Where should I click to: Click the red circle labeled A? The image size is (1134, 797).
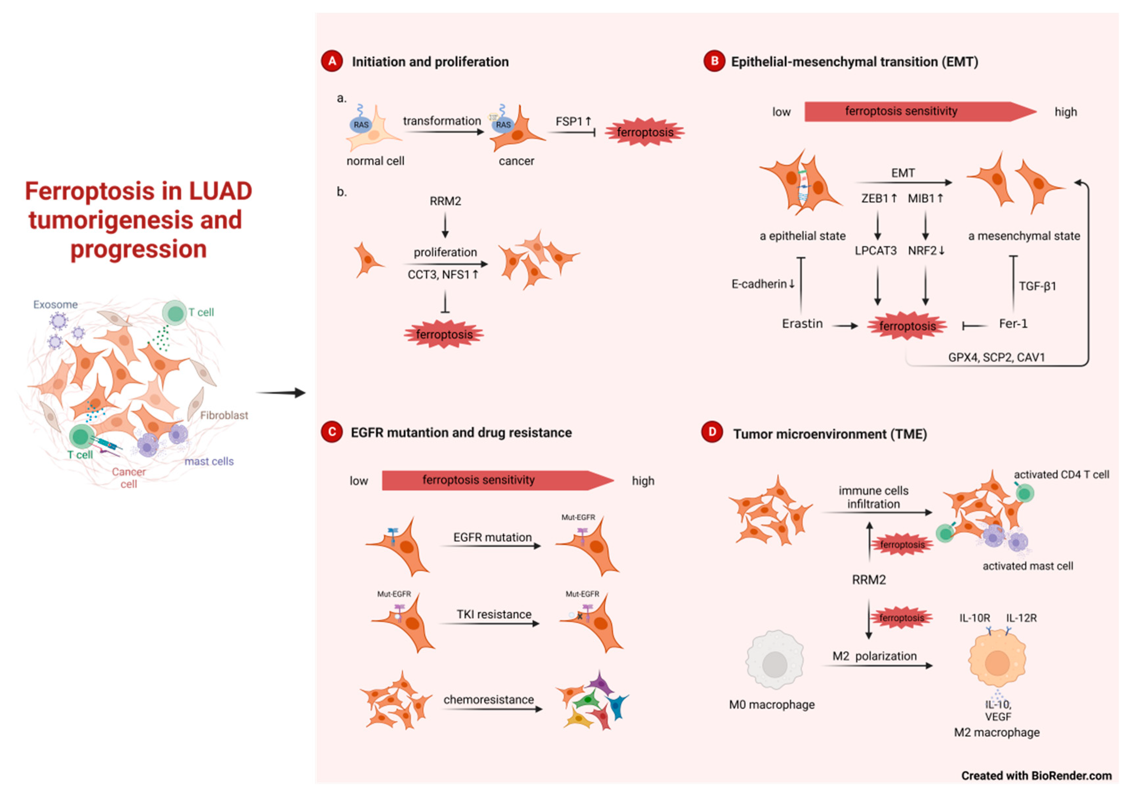332,61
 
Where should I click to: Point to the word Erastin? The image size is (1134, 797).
802,324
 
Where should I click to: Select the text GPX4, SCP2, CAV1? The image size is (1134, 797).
996,357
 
